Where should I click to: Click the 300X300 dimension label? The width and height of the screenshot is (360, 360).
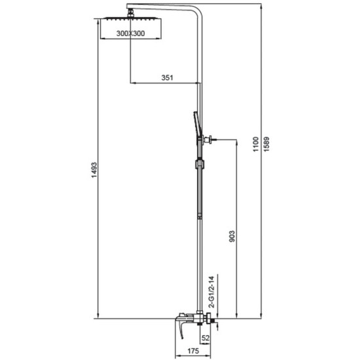pyautogui.click(x=130, y=33)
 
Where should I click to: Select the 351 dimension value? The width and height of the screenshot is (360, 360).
pyautogui.click(x=167, y=78)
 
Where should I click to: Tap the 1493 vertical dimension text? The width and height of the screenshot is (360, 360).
pyautogui.click(x=94, y=170)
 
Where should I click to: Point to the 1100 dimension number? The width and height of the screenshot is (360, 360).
pyautogui.click(x=256, y=144)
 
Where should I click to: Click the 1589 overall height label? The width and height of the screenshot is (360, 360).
pyautogui.click(x=266, y=144)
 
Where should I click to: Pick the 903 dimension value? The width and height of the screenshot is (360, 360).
pyautogui.click(x=232, y=236)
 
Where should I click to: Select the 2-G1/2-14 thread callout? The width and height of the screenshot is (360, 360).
pyautogui.click(x=211, y=291)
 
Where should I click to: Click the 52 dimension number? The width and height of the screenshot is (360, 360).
pyautogui.click(x=206, y=338)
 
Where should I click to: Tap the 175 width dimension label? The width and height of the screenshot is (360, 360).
pyautogui.click(x=193, y=351)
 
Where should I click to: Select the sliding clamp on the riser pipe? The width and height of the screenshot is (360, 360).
pyautogui.click(x=200, y=164)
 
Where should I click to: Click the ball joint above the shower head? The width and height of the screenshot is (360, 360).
pyautogui.click(x=131, y=12)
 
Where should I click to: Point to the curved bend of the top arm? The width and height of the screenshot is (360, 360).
pyautogui.click(x=198, y=12)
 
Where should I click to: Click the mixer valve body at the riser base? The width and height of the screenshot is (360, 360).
pyautogui.click(x=199, y=319)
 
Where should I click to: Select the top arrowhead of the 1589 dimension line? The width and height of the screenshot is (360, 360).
pyautogui.click(x=261, y=7)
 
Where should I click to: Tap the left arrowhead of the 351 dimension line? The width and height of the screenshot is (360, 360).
pyautogui.click(x=133, y=82)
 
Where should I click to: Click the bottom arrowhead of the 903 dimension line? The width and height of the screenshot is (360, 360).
pyautogui.click(x=236, y=315)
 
